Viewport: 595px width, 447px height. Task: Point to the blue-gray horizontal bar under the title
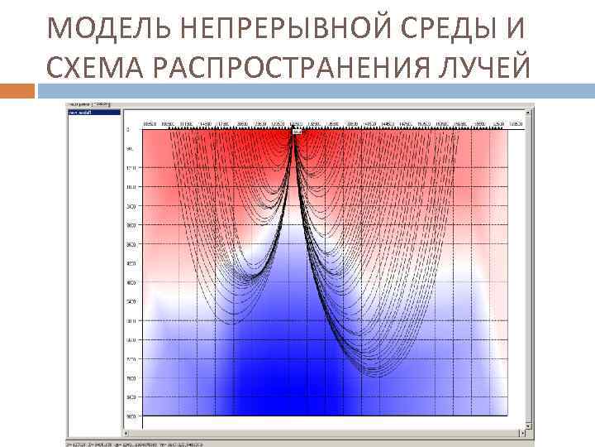pos(314,89)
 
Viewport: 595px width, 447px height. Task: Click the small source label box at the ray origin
pos(297,131)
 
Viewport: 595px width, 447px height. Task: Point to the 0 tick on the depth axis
pos(128,131)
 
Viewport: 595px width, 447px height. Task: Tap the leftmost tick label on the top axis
pos(150,123)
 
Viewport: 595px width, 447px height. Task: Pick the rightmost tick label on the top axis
pos(515,123)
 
